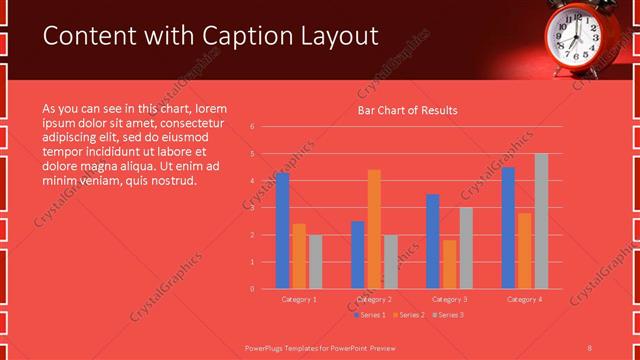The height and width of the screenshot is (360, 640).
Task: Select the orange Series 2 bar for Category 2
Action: pos(374,229)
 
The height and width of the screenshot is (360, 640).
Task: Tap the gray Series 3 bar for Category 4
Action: pos(541,221)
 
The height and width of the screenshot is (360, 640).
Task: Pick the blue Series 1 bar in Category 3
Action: pos(433,241)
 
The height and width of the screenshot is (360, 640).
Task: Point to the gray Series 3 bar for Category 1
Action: pos(315,262)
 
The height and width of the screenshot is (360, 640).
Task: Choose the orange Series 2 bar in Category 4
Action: pos(525,251)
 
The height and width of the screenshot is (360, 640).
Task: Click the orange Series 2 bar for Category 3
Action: pos(449,264)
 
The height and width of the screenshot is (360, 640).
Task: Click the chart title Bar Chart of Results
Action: pos(407,111)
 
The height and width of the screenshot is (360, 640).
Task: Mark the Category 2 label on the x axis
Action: pos(374,299)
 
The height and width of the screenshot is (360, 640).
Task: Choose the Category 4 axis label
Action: pos(524,299)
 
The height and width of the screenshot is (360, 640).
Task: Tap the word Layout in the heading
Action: pos(337,37)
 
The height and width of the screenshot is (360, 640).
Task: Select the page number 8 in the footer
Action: pos(590,347)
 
